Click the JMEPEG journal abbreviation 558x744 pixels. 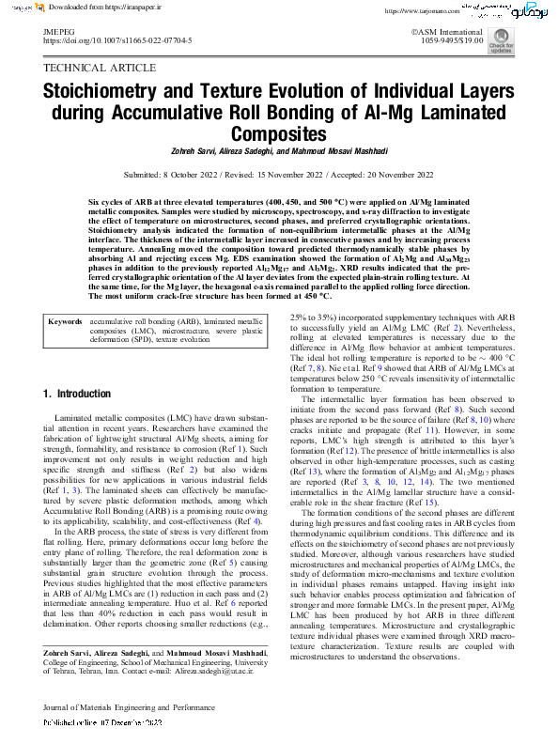pyautogui.click(x=59, y=31)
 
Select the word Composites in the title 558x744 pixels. pyautogui.click(x=278, y=133)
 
